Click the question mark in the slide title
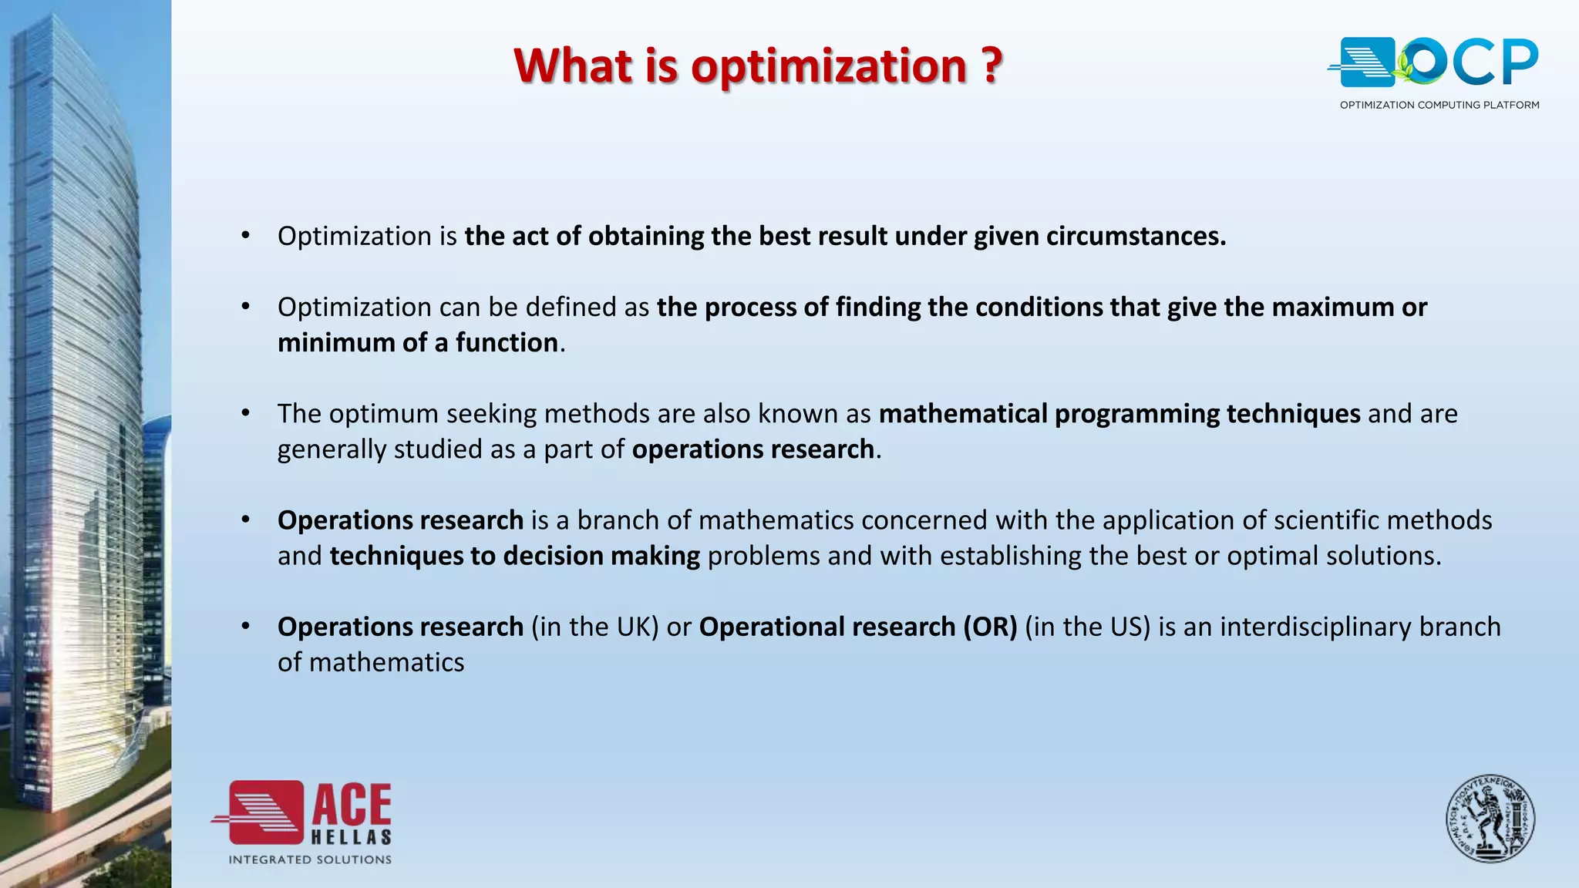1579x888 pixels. [992, 66]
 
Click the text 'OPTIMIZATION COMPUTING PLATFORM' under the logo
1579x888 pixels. [1439, 105]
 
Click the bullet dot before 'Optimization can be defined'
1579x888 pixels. [246, 307]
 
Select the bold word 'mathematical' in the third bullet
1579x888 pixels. [962, 414]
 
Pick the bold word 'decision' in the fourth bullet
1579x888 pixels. [553, 556]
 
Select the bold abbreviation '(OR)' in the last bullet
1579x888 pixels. [990, 627]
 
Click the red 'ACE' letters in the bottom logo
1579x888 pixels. [352, 806]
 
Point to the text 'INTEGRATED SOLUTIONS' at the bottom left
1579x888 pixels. [310, 859]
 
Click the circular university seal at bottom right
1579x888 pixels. [1490, 819]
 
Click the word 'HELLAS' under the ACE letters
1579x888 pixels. [352, 837]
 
